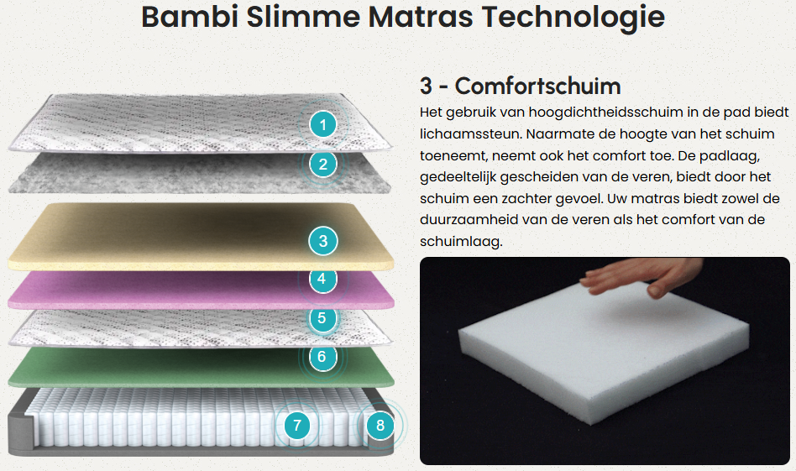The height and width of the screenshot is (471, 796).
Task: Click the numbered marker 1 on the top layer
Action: click(323, 124)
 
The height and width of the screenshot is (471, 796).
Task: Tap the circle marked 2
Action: click(323, 165)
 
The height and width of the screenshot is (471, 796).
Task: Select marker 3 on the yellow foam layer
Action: click(323, 241)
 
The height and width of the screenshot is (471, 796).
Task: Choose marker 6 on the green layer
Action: click(322, 358)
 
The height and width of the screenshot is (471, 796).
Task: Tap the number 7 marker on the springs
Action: click(297, 425)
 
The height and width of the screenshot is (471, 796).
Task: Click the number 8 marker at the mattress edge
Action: click(380, 425)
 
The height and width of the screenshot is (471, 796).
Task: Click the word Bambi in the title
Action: click(190, 17)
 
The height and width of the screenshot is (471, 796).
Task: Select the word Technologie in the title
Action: click(573, 18)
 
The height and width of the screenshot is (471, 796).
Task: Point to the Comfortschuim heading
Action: click(521, 86)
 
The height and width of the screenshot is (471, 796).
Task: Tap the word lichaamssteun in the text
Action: click(470, 134)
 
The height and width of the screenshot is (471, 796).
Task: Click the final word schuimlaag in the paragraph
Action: click(461, 242)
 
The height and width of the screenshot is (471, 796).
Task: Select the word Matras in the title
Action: click(421, 17)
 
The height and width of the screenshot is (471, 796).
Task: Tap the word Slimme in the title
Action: click(303, 17)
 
